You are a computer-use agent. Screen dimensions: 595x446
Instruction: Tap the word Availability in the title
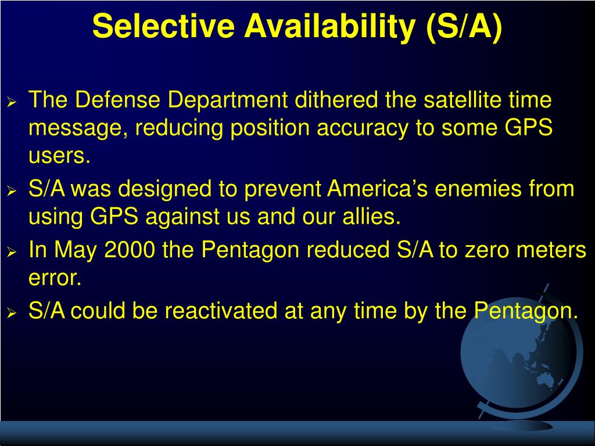(329, 27)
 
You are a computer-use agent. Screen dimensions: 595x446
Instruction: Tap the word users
(60, 156)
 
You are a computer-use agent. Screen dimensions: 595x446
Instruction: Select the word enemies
(478, 188)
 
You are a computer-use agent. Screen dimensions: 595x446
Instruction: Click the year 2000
(130, 250)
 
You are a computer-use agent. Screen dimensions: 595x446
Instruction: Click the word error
(55, 278)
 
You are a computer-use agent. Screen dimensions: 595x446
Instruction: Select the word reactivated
(234, 311)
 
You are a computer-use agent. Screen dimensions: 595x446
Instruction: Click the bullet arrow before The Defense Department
(12, 102)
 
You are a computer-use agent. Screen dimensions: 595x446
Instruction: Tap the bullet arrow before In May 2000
(12, 252)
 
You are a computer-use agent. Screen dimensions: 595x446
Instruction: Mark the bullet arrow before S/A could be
(12, 313)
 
